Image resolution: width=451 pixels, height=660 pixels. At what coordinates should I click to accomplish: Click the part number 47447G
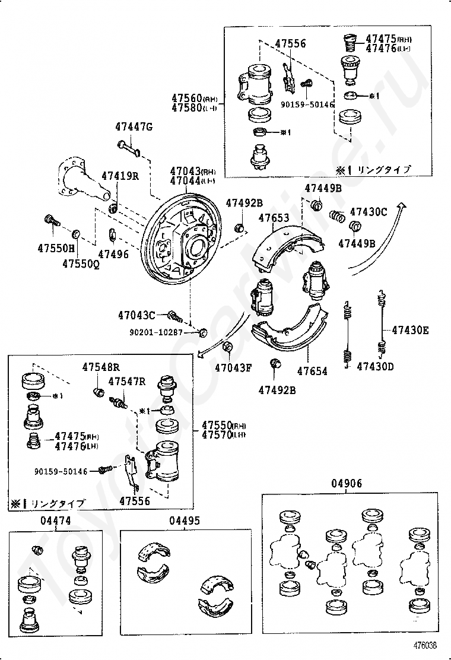pos(134,126)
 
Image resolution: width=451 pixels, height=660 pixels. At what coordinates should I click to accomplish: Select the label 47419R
pos(120,176)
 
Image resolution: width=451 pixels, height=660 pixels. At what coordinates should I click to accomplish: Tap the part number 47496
pos(113,254)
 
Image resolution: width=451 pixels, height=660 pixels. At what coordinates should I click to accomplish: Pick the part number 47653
pos(274,218)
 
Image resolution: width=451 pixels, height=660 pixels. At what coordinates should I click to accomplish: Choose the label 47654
pos(312,371)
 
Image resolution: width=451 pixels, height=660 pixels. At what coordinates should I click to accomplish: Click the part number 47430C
pos(368,211)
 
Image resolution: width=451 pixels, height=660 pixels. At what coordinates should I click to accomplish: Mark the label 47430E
pos(409,331)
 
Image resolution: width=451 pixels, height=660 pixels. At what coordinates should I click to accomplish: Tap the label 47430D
pos(375,366)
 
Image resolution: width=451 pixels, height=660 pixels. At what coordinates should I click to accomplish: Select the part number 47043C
pos(136,315)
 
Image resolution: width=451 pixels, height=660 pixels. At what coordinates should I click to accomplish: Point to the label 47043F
pos(233,367)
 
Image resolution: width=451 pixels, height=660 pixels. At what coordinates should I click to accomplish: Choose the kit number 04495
pos(184,521)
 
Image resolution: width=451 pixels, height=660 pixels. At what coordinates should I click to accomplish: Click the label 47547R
pos(127,382)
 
